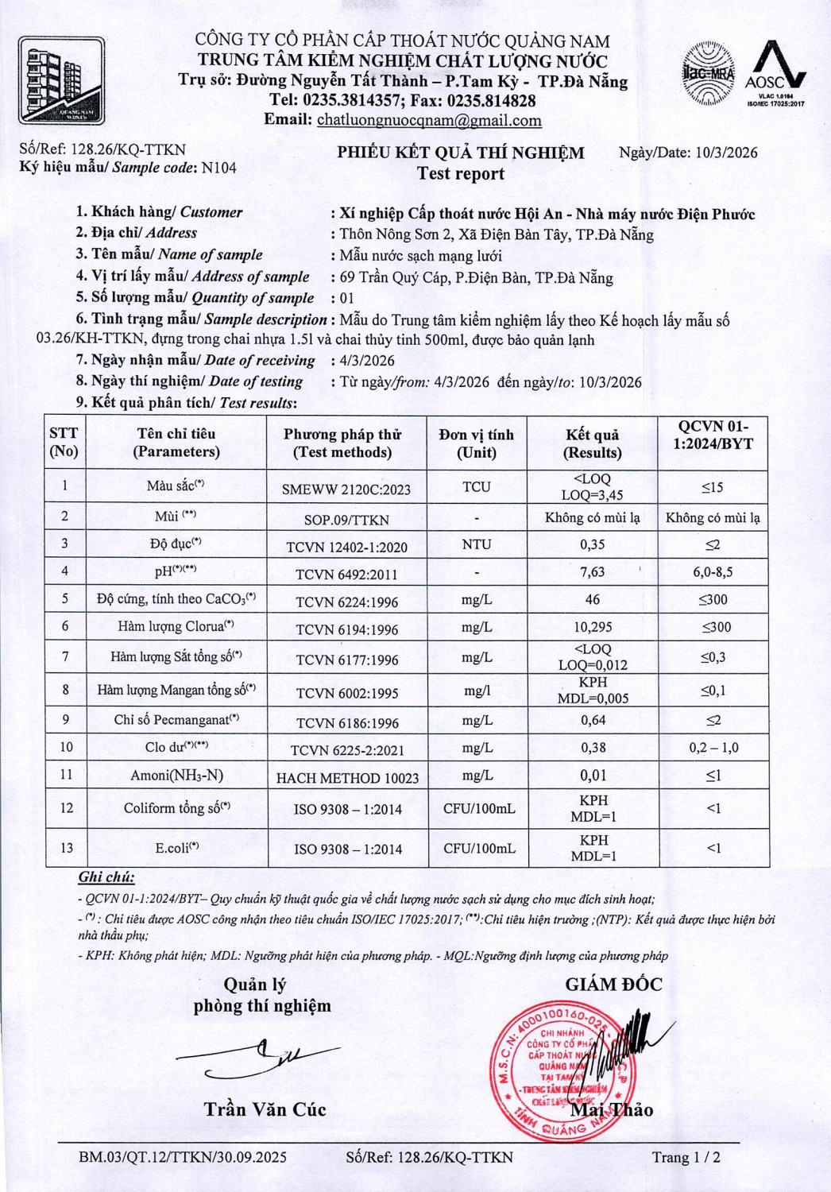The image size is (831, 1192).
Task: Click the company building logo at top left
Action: (x=61, y=79)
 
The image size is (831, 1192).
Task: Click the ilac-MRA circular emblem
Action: (x=709, y=73)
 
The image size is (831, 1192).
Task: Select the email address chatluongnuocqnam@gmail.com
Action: (x=429, y=120)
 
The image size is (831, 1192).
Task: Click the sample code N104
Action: (x=218, y=168)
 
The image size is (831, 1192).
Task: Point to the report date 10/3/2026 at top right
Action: (x=726, y=153)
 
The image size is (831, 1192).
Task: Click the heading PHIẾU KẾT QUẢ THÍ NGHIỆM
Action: (x=460, y=153)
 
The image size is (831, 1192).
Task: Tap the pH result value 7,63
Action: (x=592, y=572)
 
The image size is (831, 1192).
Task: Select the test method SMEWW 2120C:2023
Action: (x=346, y=489)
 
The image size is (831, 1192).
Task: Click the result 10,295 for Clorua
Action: (x=593, y=627)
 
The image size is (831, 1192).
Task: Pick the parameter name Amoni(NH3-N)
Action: (x=176, y=775)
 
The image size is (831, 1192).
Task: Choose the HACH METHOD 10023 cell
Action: (x=347, y=778)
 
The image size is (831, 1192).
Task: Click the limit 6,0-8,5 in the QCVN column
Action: (x=713, y=572)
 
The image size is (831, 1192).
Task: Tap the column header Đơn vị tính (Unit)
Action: (x=476, y=443)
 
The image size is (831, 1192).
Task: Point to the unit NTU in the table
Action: (x=476, y=544)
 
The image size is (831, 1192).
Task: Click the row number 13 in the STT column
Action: (x=66, y=847)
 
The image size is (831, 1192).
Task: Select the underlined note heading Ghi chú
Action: (x=106, y=877)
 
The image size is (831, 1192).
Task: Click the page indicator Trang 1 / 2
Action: (x=686, y=1157)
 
